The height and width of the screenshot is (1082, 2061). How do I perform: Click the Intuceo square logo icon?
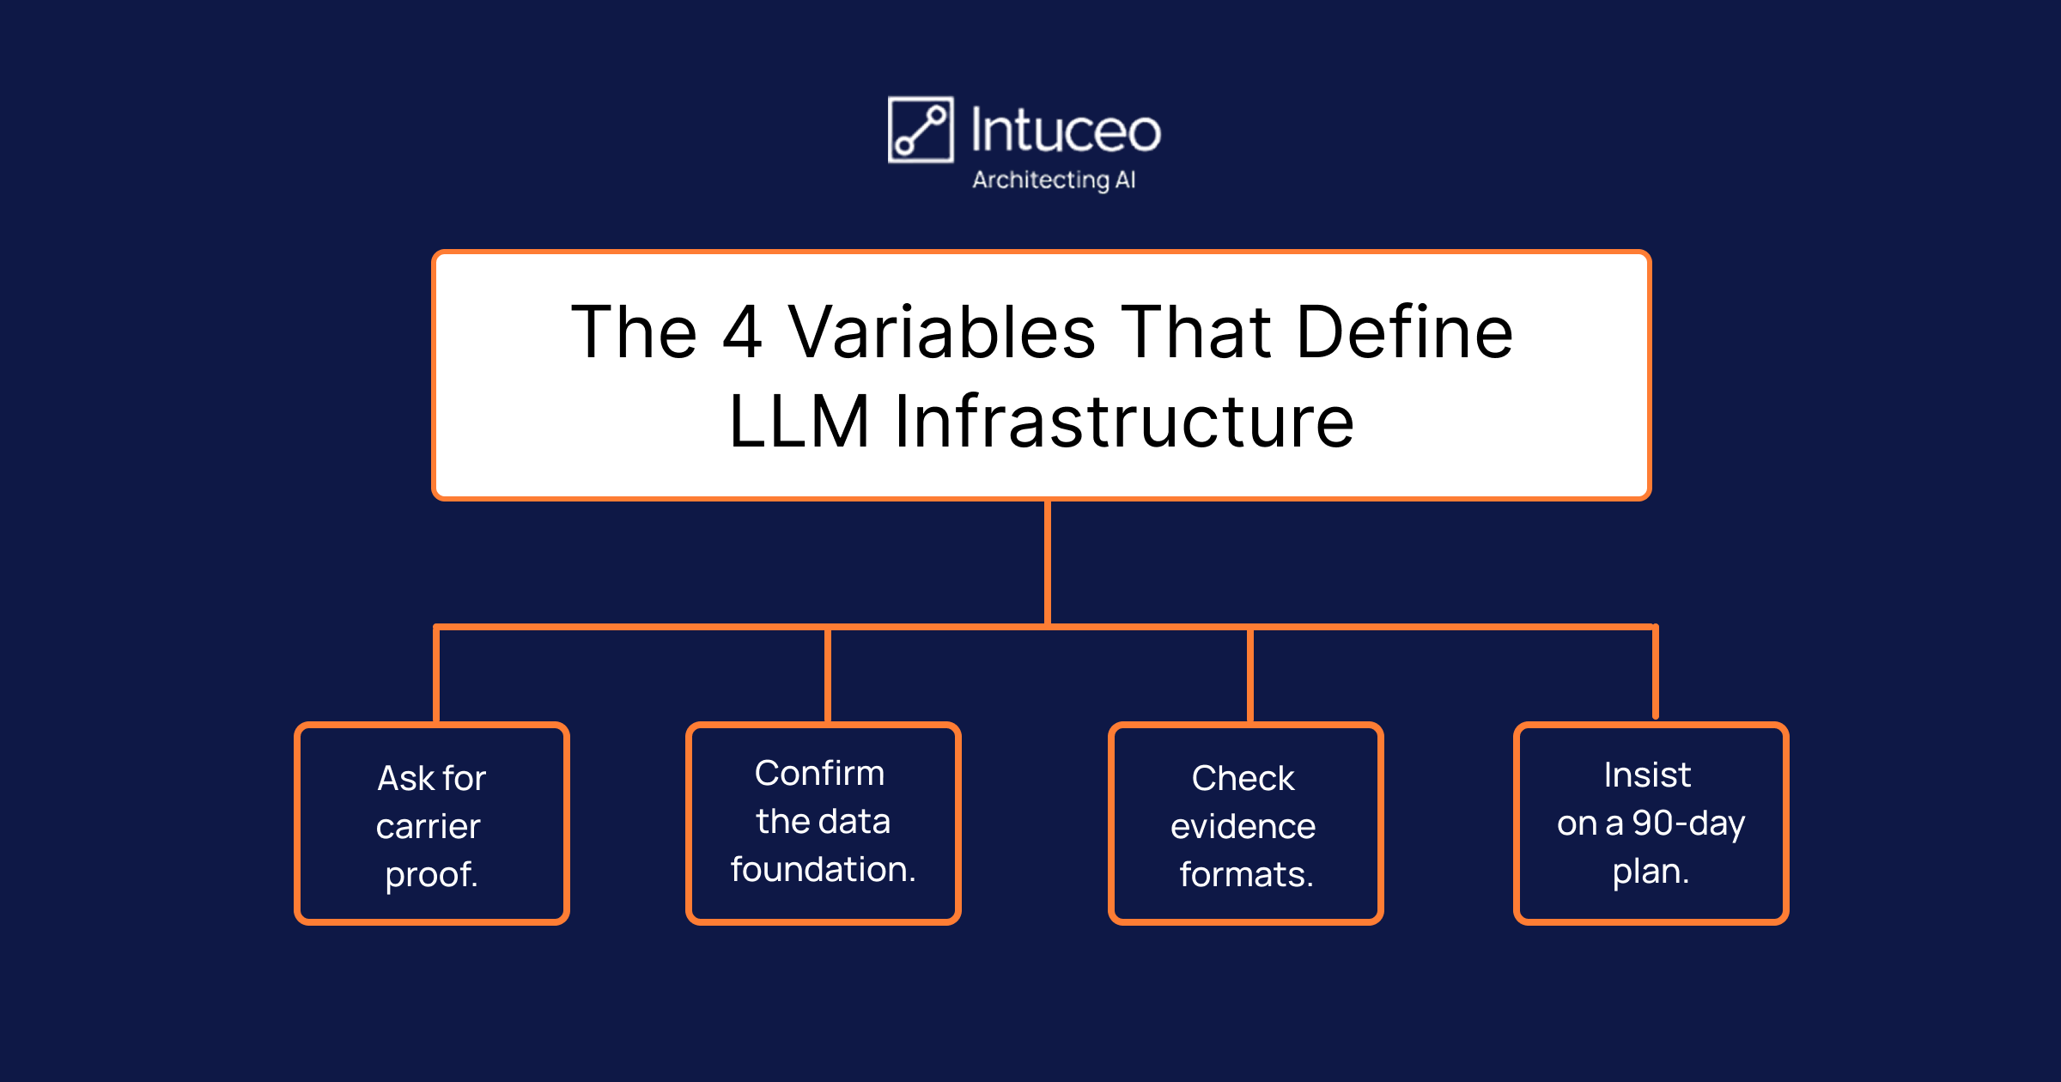pyautogui.click(x=921, y=130)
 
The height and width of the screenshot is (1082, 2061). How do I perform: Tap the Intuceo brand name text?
pyautogui.click(x=1066, y=131)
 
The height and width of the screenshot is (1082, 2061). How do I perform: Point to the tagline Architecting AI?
pyautogui.click(x=1054, y=180)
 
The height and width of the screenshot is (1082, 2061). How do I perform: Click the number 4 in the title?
pyautogui.click(x=743, y=332)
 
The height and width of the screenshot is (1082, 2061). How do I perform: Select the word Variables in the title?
pyautogui.click(x=942, y=331)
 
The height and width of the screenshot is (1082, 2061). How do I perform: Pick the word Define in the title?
pyautogui.click(x=1405, y=331)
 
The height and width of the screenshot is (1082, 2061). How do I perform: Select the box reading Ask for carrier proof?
pyautogui.click(x=432, y=824)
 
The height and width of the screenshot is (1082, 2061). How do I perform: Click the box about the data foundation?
pyautogui.click(x=824, y=824)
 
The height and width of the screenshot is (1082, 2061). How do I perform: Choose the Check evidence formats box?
pyautogui.click(x=1246, y=824)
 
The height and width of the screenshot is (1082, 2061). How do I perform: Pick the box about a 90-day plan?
pyautogui.click(x=1651, y=824)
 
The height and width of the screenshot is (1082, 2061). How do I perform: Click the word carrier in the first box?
pyautogui.click(x=429, y=827)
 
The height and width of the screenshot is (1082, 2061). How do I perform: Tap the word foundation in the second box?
pyautogui.click(x=824, y=869)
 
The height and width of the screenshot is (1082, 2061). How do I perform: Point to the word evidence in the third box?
pyautogui.click(x=1243, y=827)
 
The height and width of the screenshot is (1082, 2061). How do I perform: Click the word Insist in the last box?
pyautogui.click(x=1648, y=775)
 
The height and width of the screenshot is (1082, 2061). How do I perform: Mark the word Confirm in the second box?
pyautogui.click(x=819, y=774)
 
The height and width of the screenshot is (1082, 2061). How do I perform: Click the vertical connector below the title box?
pyautogui.click(x=1048, y=563)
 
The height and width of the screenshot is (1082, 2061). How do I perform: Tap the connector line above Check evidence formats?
pyautogui.click(x=1250, y=675)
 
